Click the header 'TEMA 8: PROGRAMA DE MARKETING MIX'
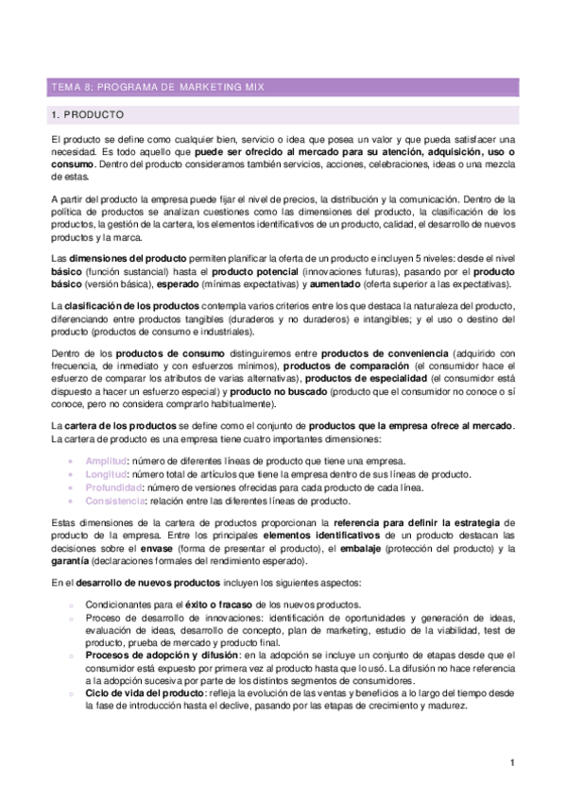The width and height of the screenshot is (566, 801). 158,88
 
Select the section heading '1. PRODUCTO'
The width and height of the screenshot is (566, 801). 88,115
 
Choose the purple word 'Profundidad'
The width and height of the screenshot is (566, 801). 113,487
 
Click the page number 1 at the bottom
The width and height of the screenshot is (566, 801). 510,763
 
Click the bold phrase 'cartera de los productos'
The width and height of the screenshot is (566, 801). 121,428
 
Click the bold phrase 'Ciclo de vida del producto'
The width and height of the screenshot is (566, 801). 139,692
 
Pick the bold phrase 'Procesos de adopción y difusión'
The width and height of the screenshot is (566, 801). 162,654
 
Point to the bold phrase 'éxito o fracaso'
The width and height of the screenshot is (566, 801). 210,604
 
